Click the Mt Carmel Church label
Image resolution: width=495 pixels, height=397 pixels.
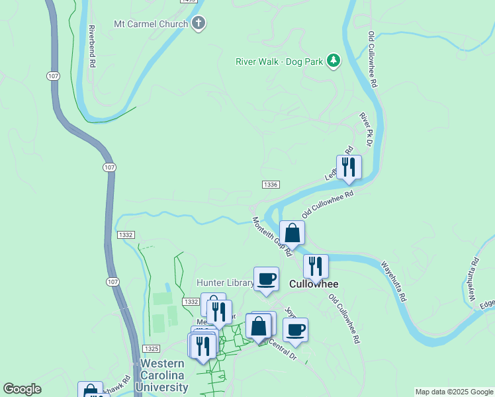(151, 24)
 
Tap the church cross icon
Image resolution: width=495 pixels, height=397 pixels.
(199, 24)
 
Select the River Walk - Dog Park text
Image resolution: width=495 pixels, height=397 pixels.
(279, 62)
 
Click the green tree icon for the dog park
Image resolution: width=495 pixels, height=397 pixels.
(334, 62)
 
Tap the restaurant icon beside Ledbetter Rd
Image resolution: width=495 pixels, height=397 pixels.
(348, 167)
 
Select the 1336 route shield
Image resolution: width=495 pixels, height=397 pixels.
(270, 185)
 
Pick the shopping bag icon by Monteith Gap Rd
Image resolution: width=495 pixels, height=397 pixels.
(292, 233)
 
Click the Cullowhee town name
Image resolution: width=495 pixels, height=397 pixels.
(314, 284)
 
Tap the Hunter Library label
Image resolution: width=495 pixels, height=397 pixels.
(224, 283)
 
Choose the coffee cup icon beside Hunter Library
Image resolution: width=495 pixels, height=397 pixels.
(266, 279)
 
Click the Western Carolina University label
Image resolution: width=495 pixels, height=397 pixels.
(163, 376)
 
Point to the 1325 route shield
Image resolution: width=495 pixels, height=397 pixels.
(152, 348)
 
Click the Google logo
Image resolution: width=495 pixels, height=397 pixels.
(22, 389)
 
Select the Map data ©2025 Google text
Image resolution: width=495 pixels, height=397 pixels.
(453, 392)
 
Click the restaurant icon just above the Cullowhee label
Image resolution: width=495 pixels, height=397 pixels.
(316, 266)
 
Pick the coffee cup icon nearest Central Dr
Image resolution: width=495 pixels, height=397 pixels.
(295, 330)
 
